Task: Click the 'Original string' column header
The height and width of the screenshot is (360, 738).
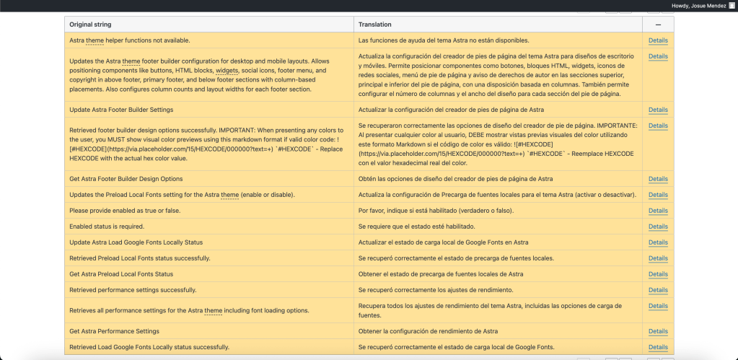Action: [x=91, y=25]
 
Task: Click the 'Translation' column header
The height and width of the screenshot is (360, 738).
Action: [x=375, y=25]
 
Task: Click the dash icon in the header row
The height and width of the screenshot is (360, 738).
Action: [x=658, y=25]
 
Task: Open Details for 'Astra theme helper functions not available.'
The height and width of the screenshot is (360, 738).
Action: [x=658, y=40]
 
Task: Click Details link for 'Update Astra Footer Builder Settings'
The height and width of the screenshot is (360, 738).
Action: [x=658, y=110]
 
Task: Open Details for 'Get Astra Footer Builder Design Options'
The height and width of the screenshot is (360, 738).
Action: [x=658, y=179]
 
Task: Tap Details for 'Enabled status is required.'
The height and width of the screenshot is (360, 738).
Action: [x=658, y=227]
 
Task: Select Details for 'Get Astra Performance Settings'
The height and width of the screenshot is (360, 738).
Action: [x=658, y=332]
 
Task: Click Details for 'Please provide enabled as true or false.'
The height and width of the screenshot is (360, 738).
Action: [x=658, y=211]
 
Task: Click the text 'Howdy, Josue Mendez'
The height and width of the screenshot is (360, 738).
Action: [x=699, y=5]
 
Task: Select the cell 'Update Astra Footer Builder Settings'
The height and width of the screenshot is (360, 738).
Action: [x=121, y=110]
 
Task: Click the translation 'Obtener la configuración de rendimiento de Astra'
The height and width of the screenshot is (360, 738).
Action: [x=428, y=332]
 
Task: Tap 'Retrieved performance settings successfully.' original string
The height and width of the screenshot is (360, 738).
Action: [x=133, y=290]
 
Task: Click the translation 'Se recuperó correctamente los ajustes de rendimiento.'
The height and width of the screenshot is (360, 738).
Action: [x=436, y=290]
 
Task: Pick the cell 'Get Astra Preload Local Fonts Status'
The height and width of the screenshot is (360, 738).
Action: [x=121, y=274]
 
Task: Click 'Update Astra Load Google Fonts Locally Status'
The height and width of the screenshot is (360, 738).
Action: [x=136, y=242]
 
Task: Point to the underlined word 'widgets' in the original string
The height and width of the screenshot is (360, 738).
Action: [x=227, y=71]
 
